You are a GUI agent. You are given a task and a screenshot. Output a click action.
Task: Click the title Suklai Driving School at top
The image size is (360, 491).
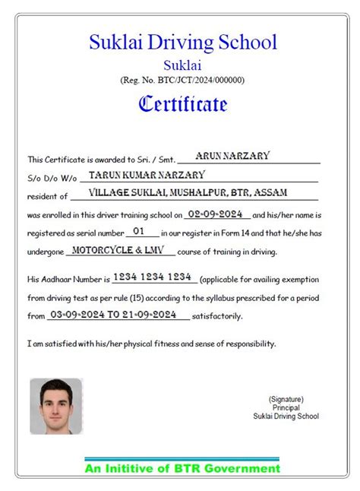182,42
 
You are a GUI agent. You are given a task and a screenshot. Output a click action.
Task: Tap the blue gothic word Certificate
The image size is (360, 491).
182,103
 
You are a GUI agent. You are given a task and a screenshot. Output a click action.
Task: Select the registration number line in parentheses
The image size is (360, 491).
182,80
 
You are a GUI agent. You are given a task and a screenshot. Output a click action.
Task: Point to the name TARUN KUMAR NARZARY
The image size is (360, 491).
147,175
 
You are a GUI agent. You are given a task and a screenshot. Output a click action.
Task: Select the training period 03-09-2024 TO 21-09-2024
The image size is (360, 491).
112,313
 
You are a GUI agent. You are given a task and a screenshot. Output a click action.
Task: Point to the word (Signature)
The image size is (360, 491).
286,398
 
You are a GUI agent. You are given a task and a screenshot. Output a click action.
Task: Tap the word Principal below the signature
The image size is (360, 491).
286,407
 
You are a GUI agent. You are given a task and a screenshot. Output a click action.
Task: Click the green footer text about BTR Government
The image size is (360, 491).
182,468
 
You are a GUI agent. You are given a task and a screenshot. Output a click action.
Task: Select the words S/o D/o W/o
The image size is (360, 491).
52,179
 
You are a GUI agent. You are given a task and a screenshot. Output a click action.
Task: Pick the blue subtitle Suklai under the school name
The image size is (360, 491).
182,65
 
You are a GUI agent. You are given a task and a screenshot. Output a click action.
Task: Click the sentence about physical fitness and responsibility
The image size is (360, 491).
152,344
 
